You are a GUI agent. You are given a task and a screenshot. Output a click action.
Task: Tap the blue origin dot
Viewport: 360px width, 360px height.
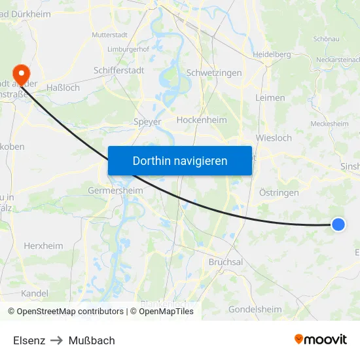pos(338,225)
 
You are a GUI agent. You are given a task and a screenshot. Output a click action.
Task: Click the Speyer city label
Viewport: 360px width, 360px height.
pos(147,121)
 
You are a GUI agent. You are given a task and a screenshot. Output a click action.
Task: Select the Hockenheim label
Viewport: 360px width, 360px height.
pos(202,120)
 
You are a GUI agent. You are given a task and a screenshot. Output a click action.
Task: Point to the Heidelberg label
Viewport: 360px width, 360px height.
pos(272,54)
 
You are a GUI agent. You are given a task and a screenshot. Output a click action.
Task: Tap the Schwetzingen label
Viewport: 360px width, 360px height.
pos(214,73)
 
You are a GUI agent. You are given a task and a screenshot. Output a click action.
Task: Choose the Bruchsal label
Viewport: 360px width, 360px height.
pos(226,262)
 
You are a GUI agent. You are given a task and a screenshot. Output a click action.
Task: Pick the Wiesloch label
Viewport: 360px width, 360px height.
pos(274,138)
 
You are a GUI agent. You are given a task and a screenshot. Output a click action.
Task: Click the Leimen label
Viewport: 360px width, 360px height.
pos(271,98)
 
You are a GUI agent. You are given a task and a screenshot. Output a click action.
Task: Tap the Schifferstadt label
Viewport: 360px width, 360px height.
pos(118,69)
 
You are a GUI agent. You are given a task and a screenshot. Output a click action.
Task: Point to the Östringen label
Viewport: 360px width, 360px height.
pos(279,192)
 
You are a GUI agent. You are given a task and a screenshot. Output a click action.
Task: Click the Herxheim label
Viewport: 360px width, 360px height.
pos(43,246)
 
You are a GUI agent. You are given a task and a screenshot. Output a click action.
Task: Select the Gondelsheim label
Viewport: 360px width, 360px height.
pos(255,309)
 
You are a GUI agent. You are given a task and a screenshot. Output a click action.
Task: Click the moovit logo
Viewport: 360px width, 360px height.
pos(321,340)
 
